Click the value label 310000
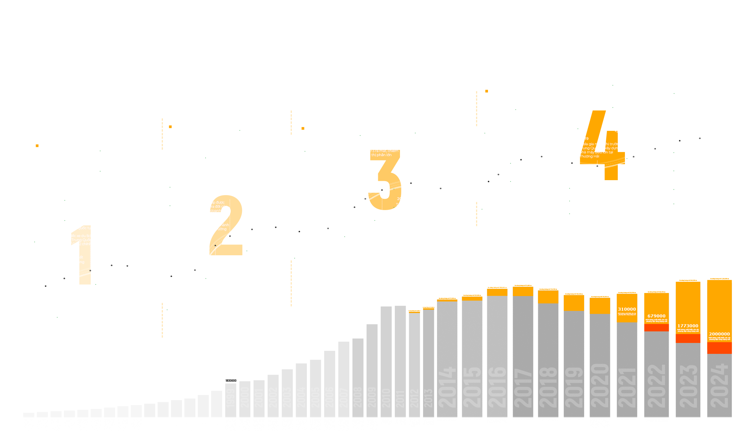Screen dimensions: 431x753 tap(627, 309)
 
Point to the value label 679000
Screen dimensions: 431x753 tap(656, 316)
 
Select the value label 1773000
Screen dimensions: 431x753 tap(688, 326)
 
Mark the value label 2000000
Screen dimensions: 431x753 tap(719, 334)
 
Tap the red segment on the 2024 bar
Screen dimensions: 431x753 tap(719, 348)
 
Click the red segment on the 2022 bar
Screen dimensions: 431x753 tap(656, 328)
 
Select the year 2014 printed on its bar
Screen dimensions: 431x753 tap(447, 387)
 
